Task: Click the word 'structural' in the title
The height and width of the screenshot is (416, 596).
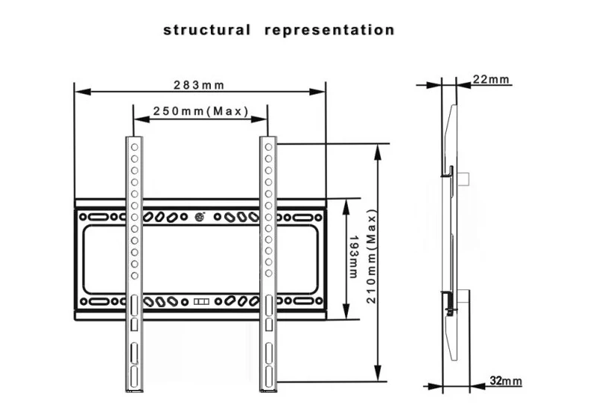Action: tap(206, 31)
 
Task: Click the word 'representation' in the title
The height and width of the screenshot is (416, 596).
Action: tap(329, 31)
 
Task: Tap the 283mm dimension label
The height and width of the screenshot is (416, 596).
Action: tap(199, 85)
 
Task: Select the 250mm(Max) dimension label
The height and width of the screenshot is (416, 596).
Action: tap(200, 111)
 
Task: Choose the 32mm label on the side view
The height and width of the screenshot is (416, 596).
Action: tap(506, 381)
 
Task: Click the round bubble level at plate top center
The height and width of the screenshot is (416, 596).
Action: tap(200, 217)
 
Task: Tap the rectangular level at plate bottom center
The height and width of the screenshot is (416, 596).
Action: tap(202, 303)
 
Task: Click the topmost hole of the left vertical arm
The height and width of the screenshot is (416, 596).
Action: tap(134, 148)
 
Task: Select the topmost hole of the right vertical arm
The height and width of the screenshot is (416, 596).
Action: tap(268, 148)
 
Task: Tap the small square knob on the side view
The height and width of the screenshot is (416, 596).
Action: tap(464, 179)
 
